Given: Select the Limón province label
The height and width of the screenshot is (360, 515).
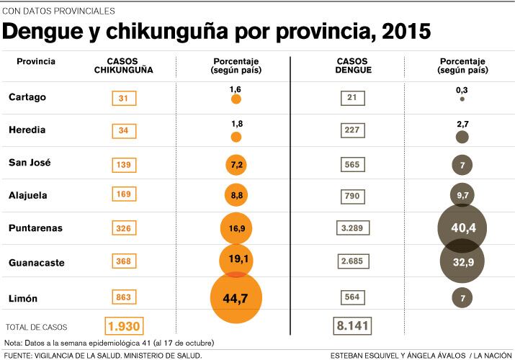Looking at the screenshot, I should point(23,298).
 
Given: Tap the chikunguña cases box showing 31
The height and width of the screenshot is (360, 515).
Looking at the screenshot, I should point(124,99).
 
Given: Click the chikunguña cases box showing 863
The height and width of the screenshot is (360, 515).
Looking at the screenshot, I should point(124,297).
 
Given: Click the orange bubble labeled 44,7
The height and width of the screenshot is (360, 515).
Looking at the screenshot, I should point(236,297).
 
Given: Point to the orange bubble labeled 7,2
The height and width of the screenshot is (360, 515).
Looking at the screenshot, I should point(236,165).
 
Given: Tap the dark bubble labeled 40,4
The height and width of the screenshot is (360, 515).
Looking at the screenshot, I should point(462,228).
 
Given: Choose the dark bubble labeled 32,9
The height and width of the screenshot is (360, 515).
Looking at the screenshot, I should point(462,262).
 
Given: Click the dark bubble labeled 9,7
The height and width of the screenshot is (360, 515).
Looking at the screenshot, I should point(462,195).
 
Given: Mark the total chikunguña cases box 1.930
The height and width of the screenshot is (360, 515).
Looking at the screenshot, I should point(124,326).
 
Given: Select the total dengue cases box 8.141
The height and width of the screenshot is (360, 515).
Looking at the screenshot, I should point(352,326).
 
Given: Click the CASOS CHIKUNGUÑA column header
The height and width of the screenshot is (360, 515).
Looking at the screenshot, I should point(124,66).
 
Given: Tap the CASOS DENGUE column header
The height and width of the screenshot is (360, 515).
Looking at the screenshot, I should point(353,66).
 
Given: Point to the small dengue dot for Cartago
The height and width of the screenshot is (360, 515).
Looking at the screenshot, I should point(462,99).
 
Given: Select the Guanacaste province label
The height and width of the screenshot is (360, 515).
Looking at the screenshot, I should point(36,263).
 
